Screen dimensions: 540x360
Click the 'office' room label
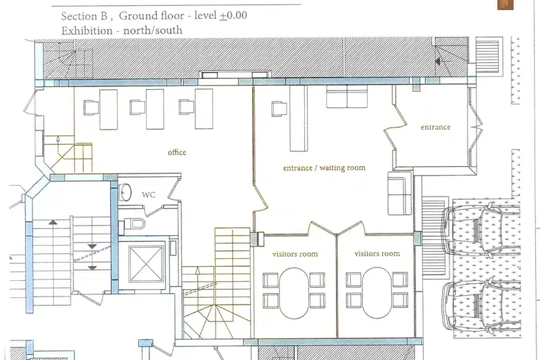pos(177,153)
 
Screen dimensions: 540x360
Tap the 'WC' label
pos(149,195)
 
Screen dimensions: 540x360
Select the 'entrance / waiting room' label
pos(324,168)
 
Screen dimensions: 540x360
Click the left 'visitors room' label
pos(295,254)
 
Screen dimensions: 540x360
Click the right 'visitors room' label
pos(377,254)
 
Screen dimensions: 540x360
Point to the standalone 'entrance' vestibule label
pos(436,127)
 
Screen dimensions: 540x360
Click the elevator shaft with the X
pos(147,264)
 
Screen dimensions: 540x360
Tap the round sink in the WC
pos(125,192)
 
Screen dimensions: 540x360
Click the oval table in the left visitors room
pos(294,293)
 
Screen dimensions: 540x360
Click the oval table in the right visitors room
pos(377,293)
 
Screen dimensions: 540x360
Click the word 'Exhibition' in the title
pos(87,30)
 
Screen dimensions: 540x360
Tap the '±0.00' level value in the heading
pos(233,16)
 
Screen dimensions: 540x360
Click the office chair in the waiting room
pos(279,109)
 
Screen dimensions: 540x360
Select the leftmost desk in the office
pos(109,109)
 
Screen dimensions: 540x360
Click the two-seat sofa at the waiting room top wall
pos(347,97)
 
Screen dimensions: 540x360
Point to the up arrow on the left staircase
pos(53,222)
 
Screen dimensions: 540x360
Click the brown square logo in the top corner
pos(506,5)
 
